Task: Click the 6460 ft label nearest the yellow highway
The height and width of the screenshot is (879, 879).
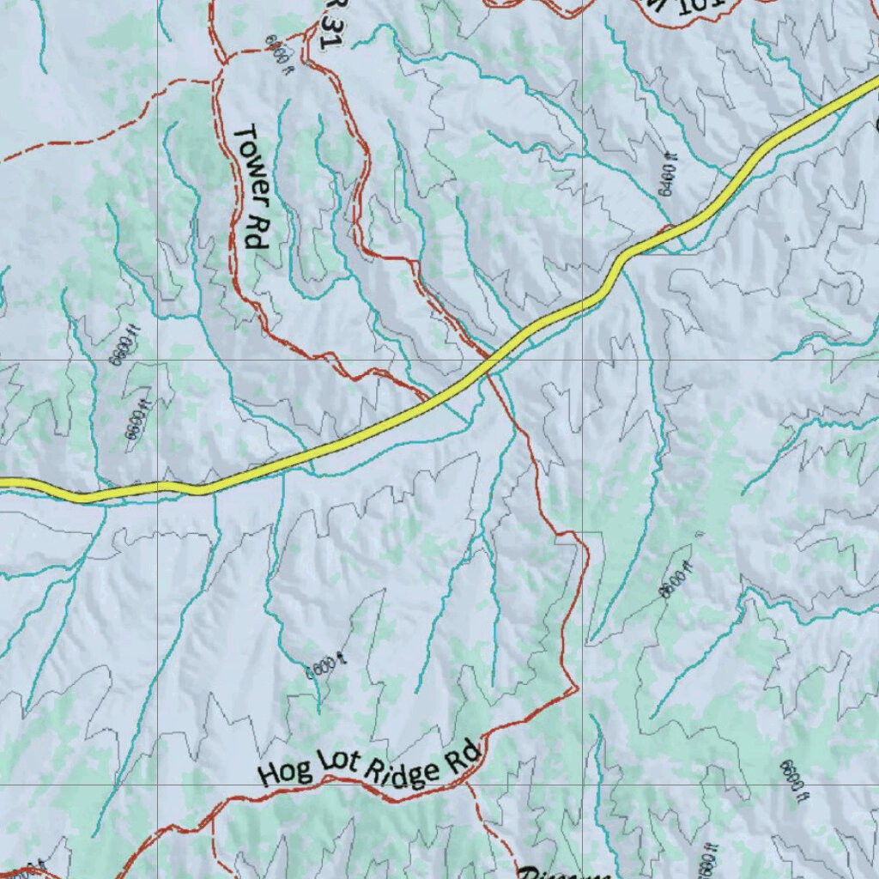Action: pos(669,174)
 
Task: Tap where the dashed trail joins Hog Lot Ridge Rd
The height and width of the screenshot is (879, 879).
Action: pos(469,783)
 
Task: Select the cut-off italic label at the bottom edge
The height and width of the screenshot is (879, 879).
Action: pos(562,872)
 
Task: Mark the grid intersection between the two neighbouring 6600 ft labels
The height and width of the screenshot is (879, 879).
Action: pos(157,358)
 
